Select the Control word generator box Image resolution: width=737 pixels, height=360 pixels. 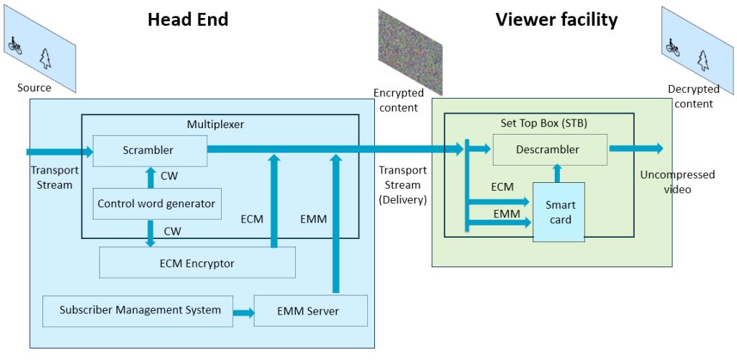click(x=156, y=204)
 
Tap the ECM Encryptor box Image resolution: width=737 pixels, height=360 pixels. click(x=196, y=263)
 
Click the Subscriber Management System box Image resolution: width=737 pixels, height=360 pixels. click(x=140, y=310)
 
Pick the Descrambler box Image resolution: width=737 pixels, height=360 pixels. click(x=549, y=150)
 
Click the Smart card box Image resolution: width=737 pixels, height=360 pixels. click(x=559, y=212)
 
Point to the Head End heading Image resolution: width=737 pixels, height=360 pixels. click(x=188, y=19)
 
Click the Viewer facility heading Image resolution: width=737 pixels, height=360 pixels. click(x=556, y=19)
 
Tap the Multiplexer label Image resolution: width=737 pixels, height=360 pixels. click(x=215, y=124)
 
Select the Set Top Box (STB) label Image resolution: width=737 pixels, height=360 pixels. click(x=544, y=123)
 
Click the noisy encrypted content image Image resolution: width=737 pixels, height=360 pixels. click(x=410, y=52)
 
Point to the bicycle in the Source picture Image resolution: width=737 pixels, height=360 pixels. click(x=14, y=45)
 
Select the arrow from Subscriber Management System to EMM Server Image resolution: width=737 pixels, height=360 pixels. click(x=243, y=312)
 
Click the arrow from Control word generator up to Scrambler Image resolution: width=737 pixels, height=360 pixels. click(x=150, y=176)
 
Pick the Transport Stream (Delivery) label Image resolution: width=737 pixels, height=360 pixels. click(x=402, y=186)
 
